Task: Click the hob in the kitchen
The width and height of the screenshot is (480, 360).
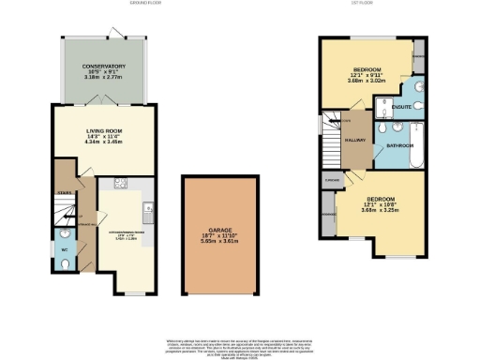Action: pos(120,184)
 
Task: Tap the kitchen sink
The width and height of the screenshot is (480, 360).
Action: pos(149,208)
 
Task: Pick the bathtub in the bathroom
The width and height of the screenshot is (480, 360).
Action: pos(417,153)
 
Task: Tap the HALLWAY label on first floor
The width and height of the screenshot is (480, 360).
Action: pos(354,141)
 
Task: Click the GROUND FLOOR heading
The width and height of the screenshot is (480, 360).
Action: pos(146,4)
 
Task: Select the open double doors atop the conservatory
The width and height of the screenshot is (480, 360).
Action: pos(113,33)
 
